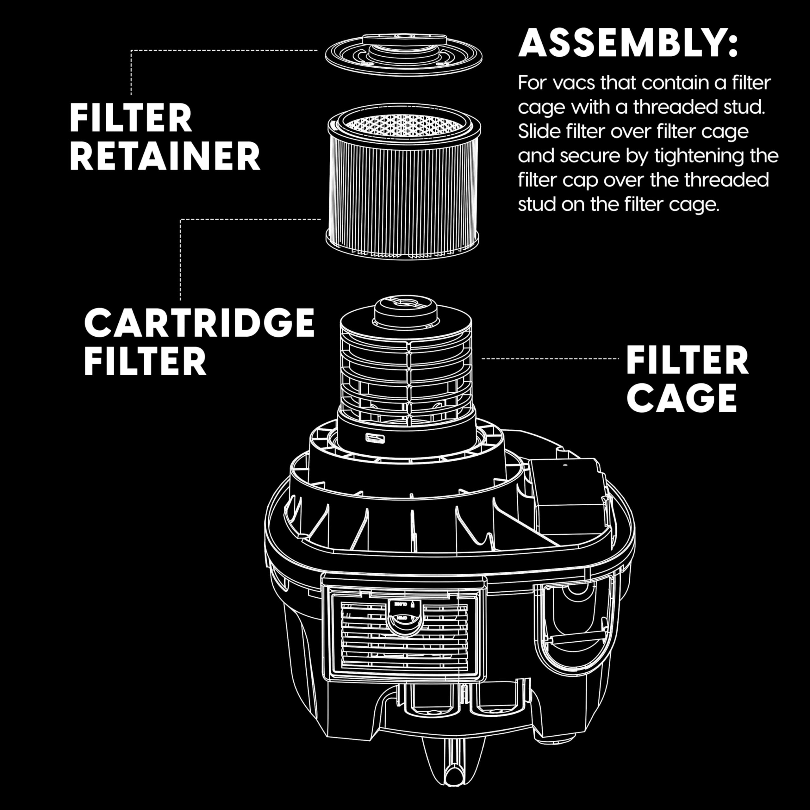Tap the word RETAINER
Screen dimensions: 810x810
tap(165, 156)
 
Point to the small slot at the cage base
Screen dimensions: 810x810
tap(376, 438)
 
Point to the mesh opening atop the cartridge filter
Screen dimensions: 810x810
tap(403, 124)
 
